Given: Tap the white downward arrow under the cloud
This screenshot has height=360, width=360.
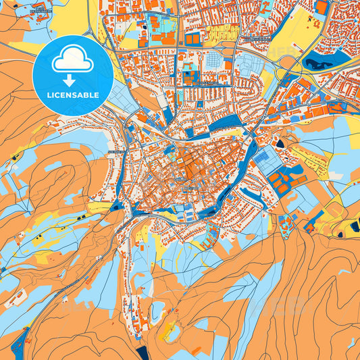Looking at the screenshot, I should pyautogui.click(x=72, y=79).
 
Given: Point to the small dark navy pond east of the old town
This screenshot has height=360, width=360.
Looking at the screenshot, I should pyautogui.click(x=280, y=143).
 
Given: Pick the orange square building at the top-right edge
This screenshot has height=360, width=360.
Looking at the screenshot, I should pyautogui.click(x=322, y=7).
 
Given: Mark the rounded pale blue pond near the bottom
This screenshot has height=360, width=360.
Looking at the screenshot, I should pyautogui.click(x=157, y=311).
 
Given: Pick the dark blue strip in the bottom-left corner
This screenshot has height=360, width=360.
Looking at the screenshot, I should pyautogui.click(x=18, y=341).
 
